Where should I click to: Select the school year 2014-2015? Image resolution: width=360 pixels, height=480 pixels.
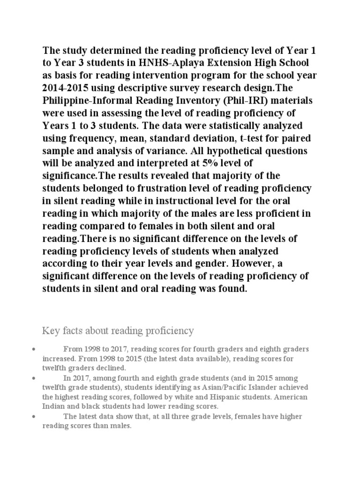(x=67, y=88)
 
